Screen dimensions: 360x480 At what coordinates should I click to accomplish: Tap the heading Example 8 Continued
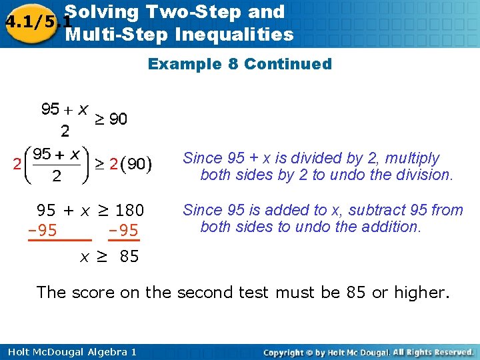point(239,64)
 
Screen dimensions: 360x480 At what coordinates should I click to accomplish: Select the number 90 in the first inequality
point(118,119)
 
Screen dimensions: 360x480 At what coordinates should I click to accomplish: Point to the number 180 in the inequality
point(129,211)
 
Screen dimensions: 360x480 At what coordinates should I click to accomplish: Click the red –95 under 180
point(123,231)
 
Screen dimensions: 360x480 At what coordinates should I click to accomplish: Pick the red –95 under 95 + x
point(42,231)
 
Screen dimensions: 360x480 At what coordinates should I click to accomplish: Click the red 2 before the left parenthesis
point(17,163)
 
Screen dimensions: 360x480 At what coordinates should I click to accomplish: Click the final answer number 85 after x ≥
point(129,256)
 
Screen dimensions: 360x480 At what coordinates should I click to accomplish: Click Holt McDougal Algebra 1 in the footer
point(70,351)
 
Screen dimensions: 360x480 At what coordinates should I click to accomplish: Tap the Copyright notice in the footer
point(368,351)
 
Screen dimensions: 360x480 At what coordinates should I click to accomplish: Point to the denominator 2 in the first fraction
point(65,129)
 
